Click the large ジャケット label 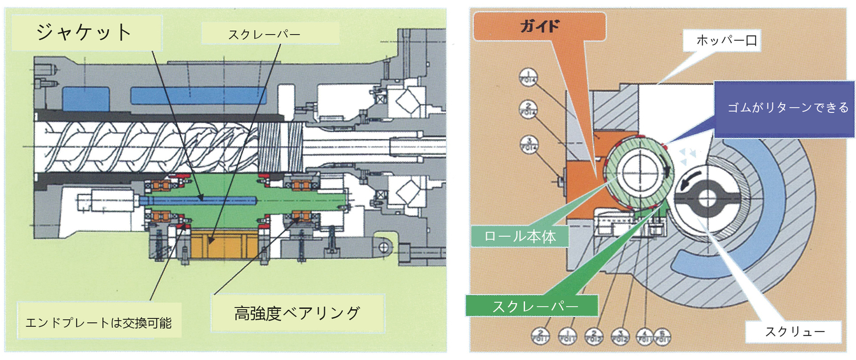(x=84, y=33)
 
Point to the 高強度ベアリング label (x=297, y=313)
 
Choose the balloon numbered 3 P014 (x=528, y=144)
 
